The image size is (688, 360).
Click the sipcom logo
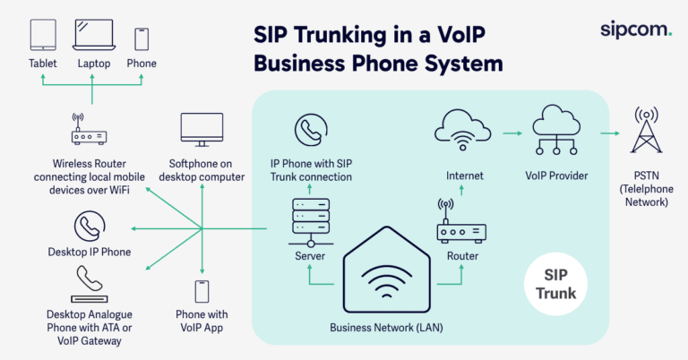[635, 29]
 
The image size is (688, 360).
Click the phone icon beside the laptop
[141, 39]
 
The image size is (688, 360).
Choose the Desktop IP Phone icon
[89, 225]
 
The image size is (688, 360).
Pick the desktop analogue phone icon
[89, 286]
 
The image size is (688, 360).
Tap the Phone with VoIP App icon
[202, 291]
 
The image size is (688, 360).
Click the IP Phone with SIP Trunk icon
[311, 133]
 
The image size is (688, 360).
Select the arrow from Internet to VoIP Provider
[512, 133]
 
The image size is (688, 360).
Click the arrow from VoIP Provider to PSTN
[608, 133]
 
